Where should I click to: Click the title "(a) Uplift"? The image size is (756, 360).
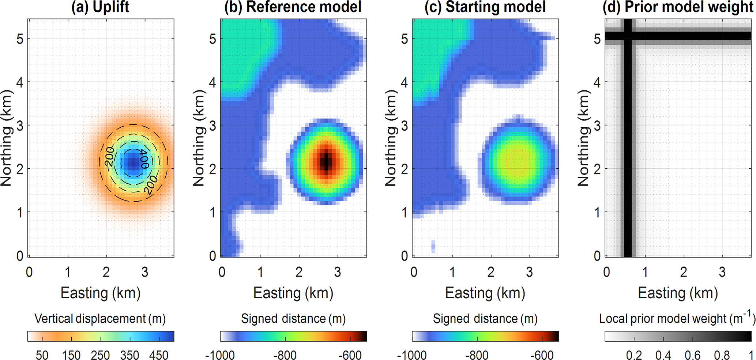tap(100, 7)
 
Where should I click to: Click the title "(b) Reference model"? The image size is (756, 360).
tap(293, 7)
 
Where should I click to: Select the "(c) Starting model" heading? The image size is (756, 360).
tap(485, 7)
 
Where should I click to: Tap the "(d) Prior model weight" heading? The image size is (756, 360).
tap(678, 7)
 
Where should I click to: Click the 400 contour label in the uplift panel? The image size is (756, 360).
tap(144, 158)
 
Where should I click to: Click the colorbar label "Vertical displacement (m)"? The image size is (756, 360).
tap(100, 319)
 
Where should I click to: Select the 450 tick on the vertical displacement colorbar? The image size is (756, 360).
tap(159, 355)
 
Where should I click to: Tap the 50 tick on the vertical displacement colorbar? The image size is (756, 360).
tap(42, 355)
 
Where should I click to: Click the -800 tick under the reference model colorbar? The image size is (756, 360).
tap(285, 355)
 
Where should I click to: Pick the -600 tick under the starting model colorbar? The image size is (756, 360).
tap(542, 355)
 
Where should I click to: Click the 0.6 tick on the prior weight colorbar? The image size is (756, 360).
tap(692, 355)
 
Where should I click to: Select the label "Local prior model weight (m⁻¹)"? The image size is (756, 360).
tap(677, 318)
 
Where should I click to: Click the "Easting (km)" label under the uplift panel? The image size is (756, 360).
tap(101, 293)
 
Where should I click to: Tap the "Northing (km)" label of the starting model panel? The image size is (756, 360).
tap(391, 138)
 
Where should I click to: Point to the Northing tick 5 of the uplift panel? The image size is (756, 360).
tap(20, 39)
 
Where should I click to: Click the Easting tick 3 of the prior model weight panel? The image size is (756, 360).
tap(722, 272)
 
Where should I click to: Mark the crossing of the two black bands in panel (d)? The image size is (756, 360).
tap(628, 36)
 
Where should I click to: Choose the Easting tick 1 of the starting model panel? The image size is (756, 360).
tap(452, 272)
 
